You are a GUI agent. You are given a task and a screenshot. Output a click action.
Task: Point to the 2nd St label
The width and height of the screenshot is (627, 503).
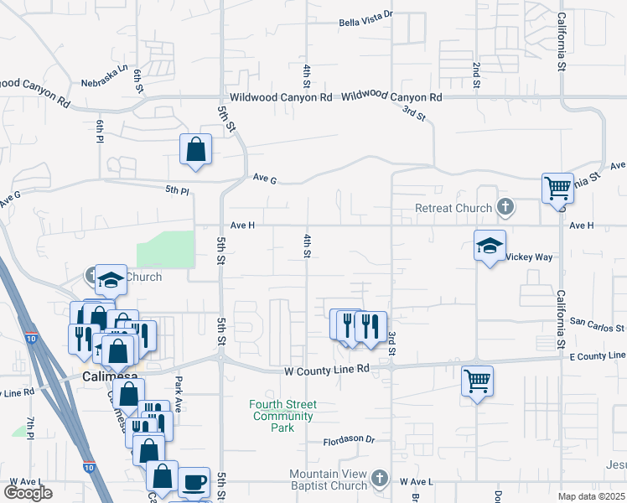pos(475,75)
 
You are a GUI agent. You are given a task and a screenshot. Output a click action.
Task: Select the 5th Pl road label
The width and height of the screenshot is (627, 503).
pos(177,191)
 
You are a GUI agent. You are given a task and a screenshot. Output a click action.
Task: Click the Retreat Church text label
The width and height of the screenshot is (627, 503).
pos(454,208)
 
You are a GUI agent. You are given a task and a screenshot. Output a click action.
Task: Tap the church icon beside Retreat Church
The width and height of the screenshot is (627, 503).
pos(505,206)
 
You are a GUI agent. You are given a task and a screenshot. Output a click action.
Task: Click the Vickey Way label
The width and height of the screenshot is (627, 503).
pos(529,257)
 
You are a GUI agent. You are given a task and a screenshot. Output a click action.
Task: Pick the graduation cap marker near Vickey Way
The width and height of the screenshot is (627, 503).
pos(490,245)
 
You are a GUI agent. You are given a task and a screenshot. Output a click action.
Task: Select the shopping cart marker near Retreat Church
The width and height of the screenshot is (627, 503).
pos(557,188)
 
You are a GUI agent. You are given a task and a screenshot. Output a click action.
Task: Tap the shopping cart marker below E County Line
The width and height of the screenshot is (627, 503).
pos(477,381)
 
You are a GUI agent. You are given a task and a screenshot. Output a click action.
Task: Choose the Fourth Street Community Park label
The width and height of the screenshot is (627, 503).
pos(283,416)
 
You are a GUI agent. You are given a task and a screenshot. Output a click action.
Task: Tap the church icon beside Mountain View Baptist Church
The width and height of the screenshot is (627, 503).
pos(380,478)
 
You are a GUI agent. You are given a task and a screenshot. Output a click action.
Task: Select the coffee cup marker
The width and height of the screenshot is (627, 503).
pos(194,481)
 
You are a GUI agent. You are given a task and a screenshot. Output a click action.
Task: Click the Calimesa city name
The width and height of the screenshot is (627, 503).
pos(109,377)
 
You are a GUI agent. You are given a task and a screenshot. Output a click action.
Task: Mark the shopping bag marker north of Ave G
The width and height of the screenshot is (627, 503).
pos(195,150)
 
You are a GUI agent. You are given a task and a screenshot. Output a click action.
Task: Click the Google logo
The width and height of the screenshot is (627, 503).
pos(28,493)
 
